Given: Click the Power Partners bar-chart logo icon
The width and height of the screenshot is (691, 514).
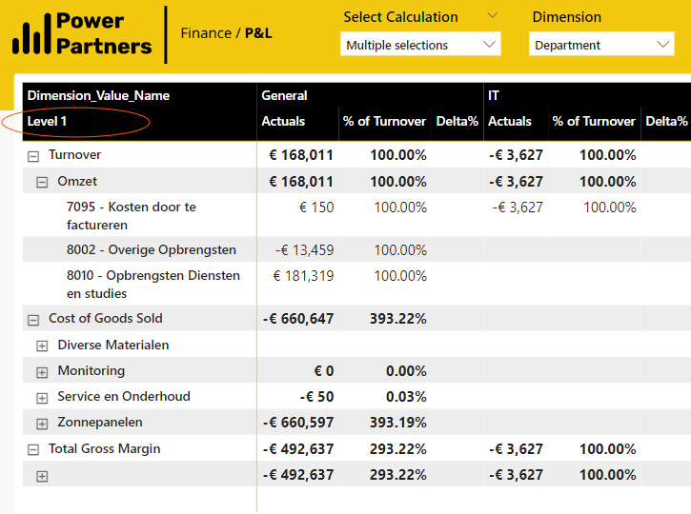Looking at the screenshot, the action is point(31,34).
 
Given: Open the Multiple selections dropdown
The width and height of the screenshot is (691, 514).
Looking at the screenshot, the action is point(420,45).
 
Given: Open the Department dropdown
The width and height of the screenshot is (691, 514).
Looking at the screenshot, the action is point(601,45).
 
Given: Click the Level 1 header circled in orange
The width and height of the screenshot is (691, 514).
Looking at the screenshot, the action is point(47,122).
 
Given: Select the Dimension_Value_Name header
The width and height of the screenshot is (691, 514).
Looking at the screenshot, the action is point(98,95).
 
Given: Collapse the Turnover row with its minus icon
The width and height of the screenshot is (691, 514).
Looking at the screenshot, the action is point(33,156).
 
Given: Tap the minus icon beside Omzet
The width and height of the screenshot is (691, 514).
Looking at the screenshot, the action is point(42,182).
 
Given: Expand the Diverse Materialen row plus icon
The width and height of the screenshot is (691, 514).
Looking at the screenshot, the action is point(42,346).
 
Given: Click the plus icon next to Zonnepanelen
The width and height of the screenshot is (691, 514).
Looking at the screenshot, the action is point(42,424).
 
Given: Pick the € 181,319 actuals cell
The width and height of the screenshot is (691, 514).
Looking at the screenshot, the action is point(304,276).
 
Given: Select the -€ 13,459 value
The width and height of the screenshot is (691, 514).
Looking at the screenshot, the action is point(304,250).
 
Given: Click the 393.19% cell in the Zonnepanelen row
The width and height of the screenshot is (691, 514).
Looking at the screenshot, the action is point(398,423).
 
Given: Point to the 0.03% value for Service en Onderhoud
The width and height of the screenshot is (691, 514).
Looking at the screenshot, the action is point(406,397).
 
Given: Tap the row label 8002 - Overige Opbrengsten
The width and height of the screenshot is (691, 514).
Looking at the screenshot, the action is point(152,249).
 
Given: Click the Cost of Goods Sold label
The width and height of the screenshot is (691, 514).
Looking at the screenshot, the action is point(106,318).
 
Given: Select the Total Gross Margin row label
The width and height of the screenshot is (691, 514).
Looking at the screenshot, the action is point(105,448).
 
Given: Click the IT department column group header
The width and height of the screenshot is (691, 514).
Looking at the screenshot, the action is point(494,95).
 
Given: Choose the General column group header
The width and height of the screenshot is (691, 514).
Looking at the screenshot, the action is point(284,95).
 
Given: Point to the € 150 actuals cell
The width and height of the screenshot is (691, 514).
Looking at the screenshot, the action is point(316,208).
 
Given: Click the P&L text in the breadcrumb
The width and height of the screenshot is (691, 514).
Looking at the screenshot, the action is point(258,33).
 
